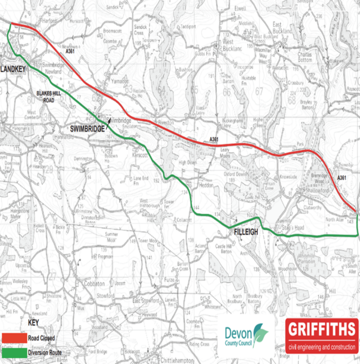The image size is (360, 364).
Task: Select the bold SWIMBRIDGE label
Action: [x=87, y=129]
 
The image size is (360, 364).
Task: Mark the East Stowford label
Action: [x=145, y=301]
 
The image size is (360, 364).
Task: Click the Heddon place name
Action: [x=203, y=184]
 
